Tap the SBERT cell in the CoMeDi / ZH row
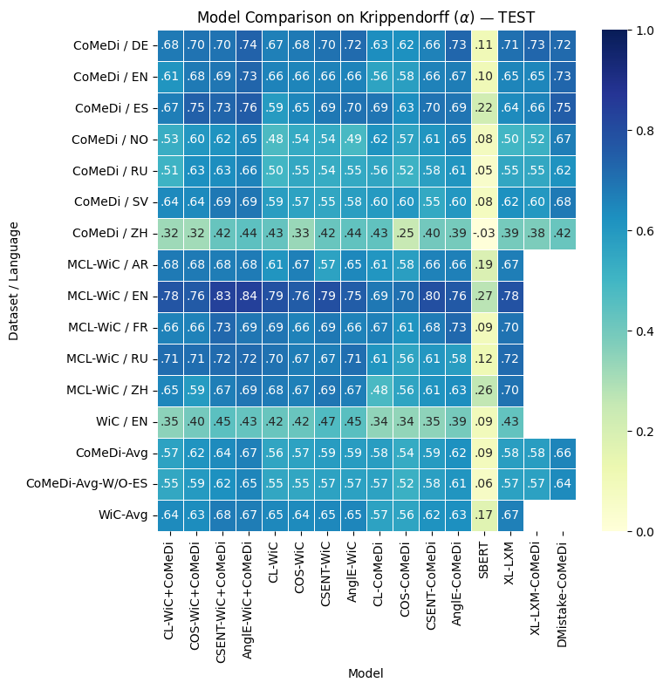point(485,233)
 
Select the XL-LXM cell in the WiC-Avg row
point(511,515)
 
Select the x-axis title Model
point(366,673)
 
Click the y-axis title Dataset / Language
point(14,280)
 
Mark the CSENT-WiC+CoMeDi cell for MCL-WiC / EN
point(223,296)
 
